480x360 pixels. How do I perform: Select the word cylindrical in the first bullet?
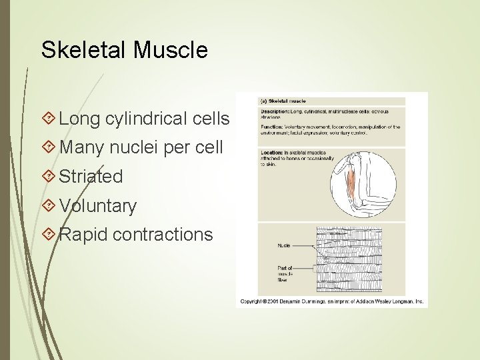[147, 119]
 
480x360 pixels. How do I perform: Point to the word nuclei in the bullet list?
[136, 147]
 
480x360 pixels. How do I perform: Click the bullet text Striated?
[91, 177]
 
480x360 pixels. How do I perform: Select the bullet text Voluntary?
[97, 206]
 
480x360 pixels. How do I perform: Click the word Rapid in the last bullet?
[83, 235]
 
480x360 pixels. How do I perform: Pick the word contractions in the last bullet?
[163, 235]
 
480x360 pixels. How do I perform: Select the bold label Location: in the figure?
[271, 152]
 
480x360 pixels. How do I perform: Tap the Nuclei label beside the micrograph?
[285, 245]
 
